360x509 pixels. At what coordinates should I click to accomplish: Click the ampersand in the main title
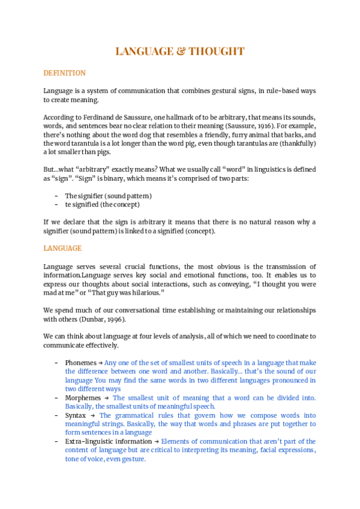pyautogui.click(x=178, y=52)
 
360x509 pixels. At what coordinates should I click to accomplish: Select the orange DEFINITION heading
pyautogui.click(x=64, y=73)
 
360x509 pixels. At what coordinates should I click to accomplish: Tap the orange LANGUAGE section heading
pyautogui.click(x=62, y=248)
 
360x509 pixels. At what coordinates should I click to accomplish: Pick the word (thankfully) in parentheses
pyautogui.click(x=295, y=145)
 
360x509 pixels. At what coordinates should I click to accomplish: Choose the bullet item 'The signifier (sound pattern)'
pyautogui.click(x=108, y=196)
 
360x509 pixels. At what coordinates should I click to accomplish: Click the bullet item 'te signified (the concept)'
pyautogui.click(x=102, y=205)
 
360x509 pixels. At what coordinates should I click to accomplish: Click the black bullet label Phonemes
pyautogui.click(x=80, y=363)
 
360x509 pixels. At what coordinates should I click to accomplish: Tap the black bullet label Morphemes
pyautogui.click(x=83, y=398)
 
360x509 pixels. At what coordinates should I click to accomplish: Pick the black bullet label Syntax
pyautogui.click(x=76, y=415)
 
